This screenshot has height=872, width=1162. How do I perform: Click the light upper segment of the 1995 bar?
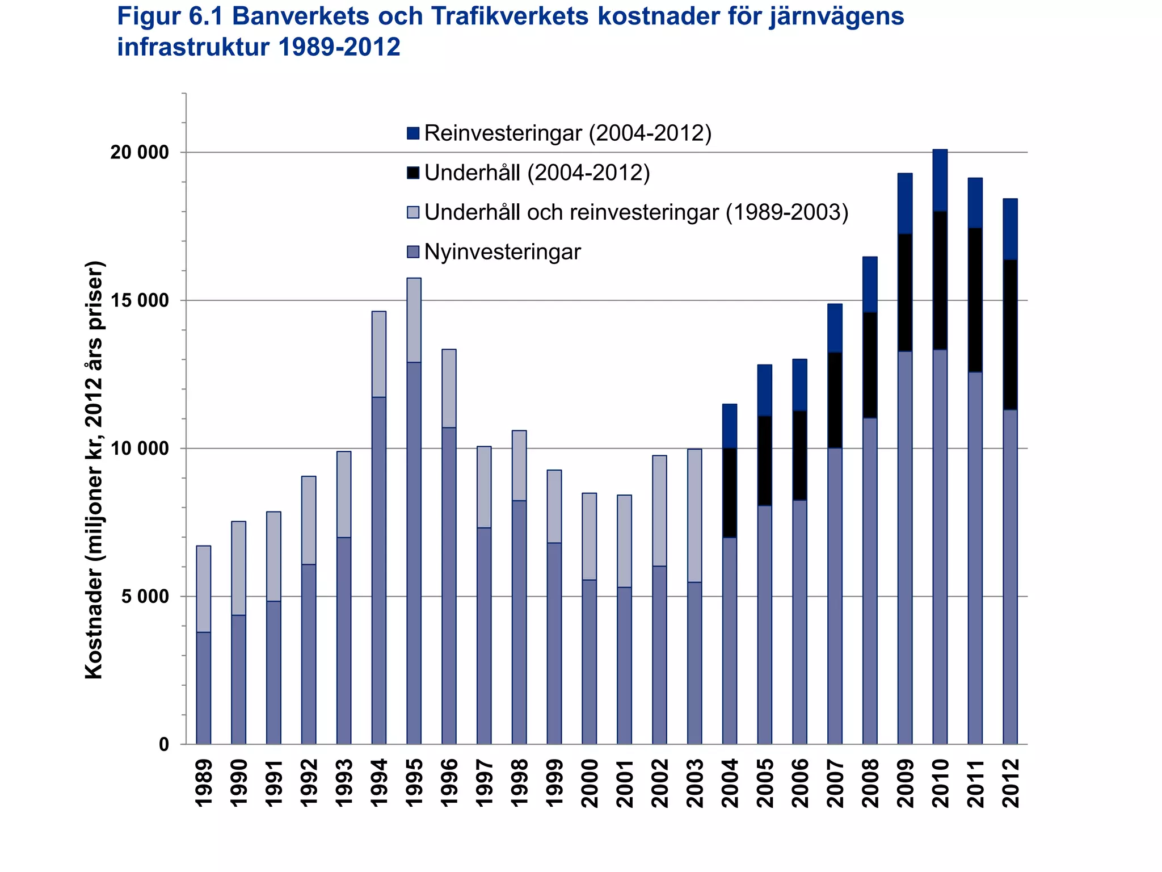coord(414,320)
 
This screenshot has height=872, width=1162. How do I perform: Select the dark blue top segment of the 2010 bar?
coord(940,180)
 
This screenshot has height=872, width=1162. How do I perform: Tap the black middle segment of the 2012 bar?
coord(1010,334)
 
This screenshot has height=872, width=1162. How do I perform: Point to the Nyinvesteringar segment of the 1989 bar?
coord(203,687)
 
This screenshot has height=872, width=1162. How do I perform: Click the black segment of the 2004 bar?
coord(729,493)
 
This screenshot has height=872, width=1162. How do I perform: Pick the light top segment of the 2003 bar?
coord(694,515)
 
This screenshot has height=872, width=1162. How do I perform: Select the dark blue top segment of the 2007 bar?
coord(835,328)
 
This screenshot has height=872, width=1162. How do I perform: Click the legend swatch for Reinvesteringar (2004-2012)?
coord(413,133)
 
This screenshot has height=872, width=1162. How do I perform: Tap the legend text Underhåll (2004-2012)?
coord(537,173)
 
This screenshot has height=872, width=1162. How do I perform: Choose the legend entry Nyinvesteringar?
coord(502,251)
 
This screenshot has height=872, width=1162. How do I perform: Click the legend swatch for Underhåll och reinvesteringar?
coord(413,212)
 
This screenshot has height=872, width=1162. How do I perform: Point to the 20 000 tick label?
coord(140,152)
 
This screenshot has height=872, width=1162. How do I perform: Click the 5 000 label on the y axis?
coord(145,596)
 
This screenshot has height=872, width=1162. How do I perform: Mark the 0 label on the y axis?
coord(164,744)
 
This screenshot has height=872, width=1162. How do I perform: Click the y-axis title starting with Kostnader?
coord(94,469)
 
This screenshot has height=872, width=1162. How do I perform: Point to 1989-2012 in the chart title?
coord(339,47)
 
